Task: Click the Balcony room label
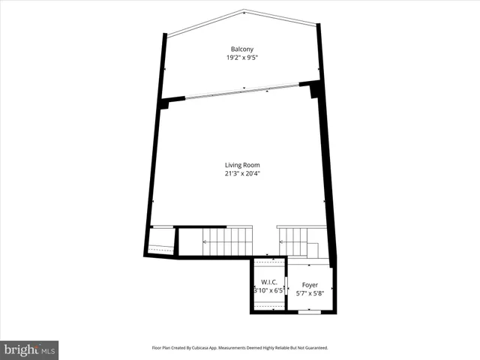241,49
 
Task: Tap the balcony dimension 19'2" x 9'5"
241,58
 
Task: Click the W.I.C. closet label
270,282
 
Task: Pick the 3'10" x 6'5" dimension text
270,290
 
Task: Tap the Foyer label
310,285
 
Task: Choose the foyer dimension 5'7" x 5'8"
310,293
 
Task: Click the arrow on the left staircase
205,241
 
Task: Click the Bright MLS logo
30,349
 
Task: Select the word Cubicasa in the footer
212,348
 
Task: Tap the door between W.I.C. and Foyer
287,286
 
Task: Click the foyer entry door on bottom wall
309,311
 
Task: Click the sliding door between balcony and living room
241,91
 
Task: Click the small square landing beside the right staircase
313,250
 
